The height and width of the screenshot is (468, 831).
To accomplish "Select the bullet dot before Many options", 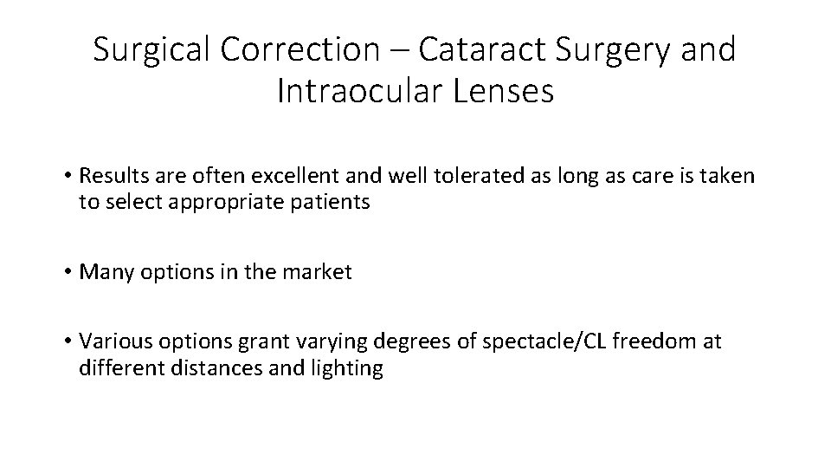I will click(66, 273).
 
